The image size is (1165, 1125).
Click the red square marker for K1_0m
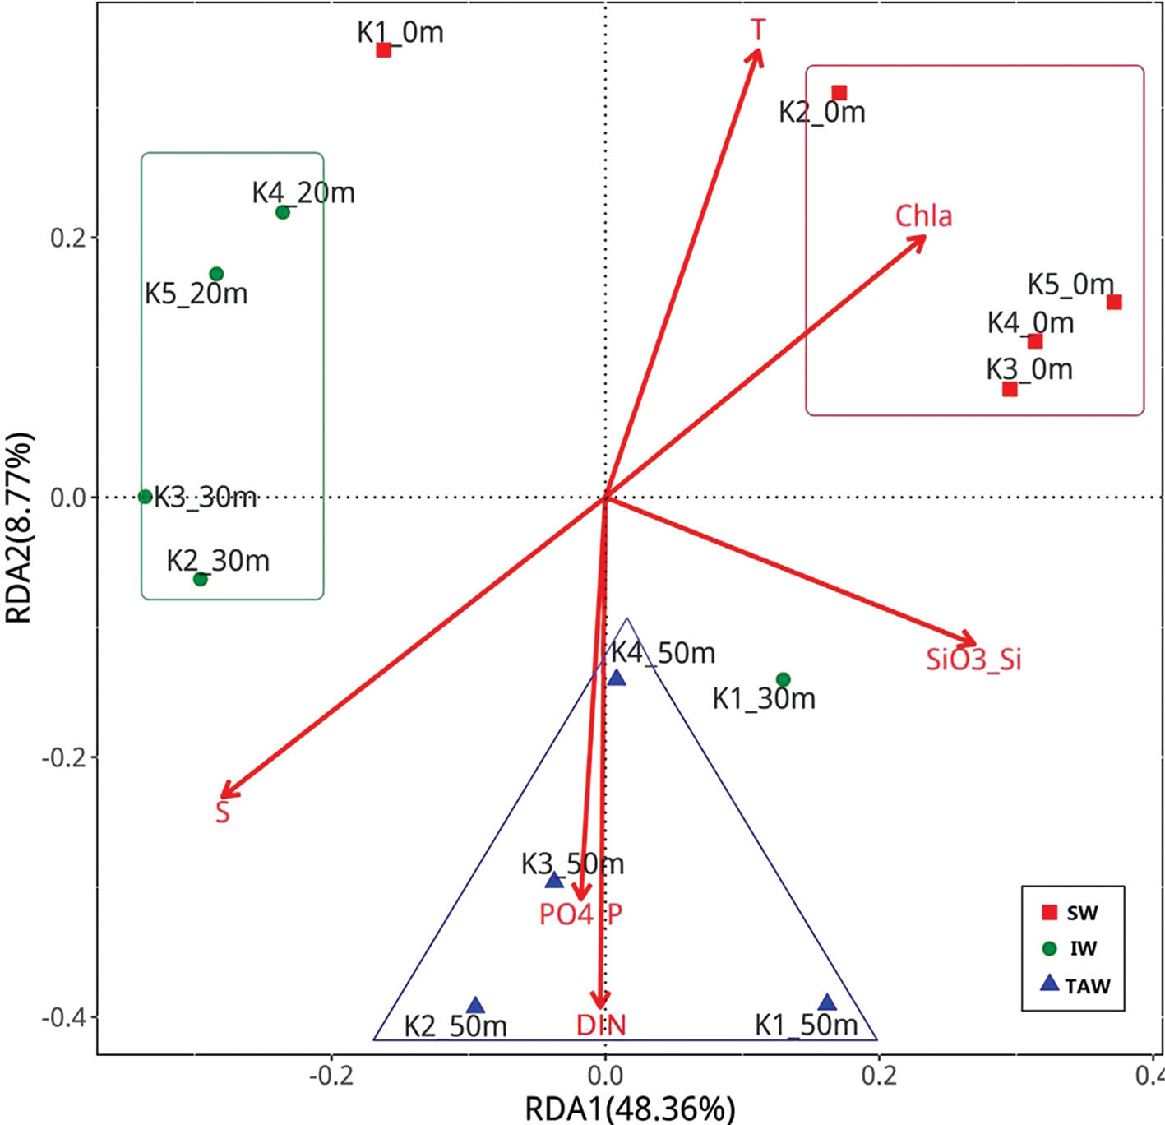click(383, 49)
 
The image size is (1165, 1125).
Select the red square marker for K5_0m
click(1114, 302)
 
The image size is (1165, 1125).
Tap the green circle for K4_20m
click(283, 212)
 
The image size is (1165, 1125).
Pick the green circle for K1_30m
click(784, 679)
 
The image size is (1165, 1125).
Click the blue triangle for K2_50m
click(475, 1006)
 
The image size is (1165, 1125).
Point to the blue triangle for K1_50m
click(827, 1002)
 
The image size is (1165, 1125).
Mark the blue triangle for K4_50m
click(617, 678)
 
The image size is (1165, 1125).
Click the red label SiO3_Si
click(973, 660)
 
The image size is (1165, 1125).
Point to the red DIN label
click(601, 1025)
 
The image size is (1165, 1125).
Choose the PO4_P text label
click(580, 914)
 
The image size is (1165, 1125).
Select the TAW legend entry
click(1075, 985)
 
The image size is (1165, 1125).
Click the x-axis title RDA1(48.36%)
click(630, 1109)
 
